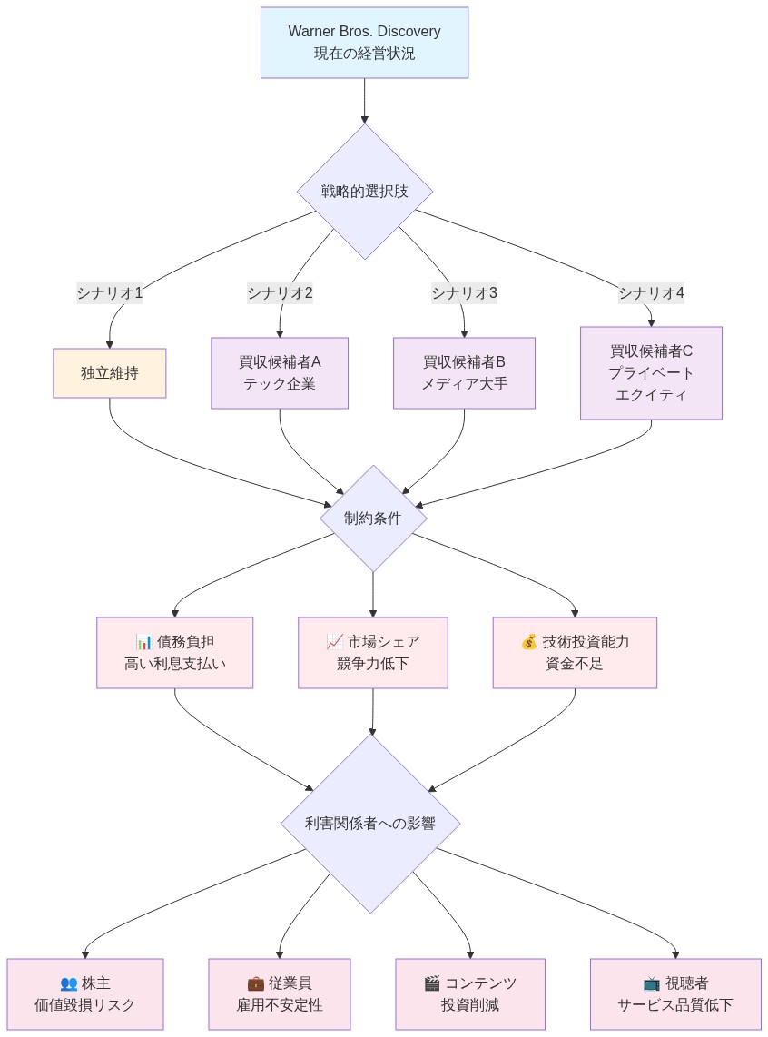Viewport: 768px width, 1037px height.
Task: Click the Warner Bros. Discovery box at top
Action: pyautogui.click(x=364, y=43)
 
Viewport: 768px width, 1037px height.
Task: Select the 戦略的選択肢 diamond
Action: pyautogui.click(x=364, y=192)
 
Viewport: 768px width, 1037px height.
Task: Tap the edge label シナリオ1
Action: pyautogui.click(x=109, y=293)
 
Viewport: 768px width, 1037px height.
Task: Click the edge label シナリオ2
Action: pyautogui.click(x=280, y=293)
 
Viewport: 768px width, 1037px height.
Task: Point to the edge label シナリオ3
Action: pyautogui.click(x=464, y=293)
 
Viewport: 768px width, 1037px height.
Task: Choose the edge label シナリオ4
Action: pyautogui.click(x=651, y=293)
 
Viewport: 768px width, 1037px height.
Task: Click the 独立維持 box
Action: pyautogui.click(x=109, y=373)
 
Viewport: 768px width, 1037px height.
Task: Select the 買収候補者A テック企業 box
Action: pyautogui.click(x=280, y=373)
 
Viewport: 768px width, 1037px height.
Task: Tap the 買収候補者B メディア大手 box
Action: pyautogui.click(x=464, y=373)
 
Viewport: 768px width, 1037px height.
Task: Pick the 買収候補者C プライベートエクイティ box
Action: pyautogui.click(x=651, y=373)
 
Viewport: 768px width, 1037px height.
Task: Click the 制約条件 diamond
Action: pyautogui.click(x=373, y=518)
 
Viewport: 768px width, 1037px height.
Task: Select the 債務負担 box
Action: pyautogui.click(x=174, y=653)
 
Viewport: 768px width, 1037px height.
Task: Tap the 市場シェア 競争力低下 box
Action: pyautogui.click(x=373, y=653)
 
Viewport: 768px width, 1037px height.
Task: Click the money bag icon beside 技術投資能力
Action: pyautogui.click(x=528, y=642)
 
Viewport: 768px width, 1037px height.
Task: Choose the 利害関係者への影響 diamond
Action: pyautogui.click(x=369, y=824)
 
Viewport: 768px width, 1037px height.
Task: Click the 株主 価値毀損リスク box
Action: pyautogui.click(x=85, y=994)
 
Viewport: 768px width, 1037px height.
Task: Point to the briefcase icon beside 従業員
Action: pyautogui.click(x=256, y=983)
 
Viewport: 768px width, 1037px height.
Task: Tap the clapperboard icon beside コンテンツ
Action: pyautogui.click(x=432, y=983)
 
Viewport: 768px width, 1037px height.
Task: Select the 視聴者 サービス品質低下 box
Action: pyautogui.click(x=675, y=994)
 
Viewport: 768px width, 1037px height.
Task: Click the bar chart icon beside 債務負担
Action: pyautogui.click(x=143, y=642)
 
